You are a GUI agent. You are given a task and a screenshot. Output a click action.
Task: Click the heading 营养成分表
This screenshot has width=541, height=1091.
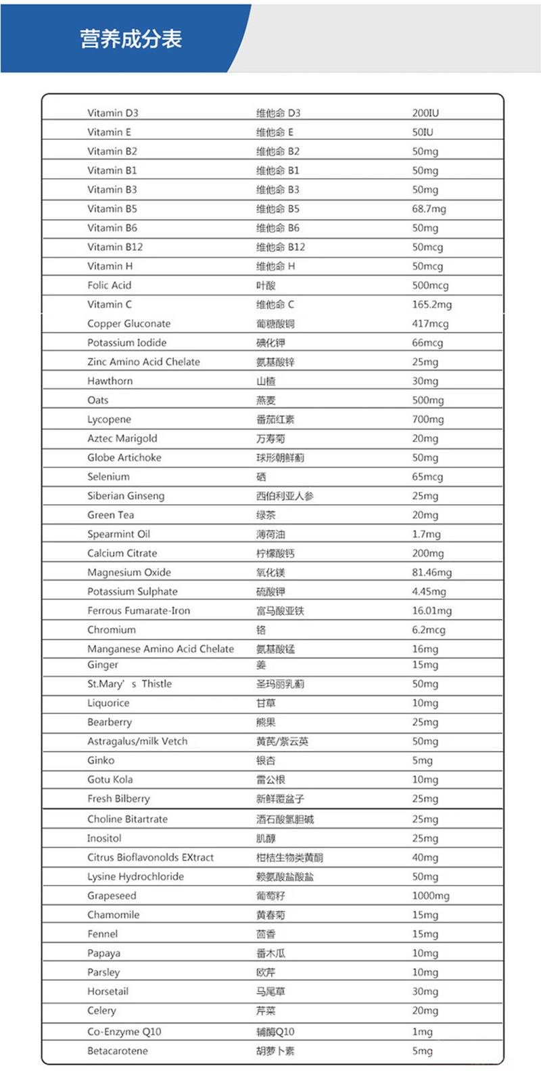coord(131,39)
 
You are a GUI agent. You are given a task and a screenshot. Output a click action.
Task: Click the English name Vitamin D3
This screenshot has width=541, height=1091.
coord(112,113)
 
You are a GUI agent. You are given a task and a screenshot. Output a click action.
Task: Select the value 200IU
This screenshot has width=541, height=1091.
coord(425,113)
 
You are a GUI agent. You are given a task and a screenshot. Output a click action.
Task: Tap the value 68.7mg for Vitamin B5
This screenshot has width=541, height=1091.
coord(429,209)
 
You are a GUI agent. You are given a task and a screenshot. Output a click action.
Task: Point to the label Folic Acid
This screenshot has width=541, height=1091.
coord(109,285)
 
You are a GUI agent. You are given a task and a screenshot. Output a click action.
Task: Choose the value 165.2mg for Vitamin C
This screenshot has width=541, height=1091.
coord(431,304)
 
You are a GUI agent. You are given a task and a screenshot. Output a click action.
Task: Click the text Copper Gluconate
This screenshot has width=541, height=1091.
coord(128,324)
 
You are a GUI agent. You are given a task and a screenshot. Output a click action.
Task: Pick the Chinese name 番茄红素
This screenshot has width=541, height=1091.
coord(275,419)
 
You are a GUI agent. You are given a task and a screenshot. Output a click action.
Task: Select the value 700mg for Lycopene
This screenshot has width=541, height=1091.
coord(428,419)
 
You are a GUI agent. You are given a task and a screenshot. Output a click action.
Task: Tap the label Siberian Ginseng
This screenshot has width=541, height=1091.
coord(125,495)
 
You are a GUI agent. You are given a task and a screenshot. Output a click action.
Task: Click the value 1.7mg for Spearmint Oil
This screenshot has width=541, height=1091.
coord(426,534)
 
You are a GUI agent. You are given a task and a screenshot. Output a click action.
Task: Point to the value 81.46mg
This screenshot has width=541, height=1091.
coord(431,573)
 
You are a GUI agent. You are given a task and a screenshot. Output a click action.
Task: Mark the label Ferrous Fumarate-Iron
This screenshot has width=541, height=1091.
coord(139,610)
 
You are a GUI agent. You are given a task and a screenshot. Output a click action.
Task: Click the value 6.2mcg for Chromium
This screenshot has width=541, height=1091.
coord(428,630)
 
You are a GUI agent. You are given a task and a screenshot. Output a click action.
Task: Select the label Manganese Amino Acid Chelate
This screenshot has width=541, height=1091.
coord(160,649)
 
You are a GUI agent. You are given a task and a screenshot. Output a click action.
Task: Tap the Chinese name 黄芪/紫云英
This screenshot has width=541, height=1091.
coord(281,742)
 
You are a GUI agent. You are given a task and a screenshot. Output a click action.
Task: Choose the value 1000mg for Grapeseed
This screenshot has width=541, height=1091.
coord(430,896)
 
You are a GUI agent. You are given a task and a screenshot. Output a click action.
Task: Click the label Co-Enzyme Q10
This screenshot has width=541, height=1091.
coord(124,1032)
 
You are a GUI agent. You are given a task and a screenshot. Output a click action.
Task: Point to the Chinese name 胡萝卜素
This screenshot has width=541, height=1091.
coord(275,1051)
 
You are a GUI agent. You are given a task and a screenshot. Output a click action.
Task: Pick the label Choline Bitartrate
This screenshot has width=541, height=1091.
coord(127,819)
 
